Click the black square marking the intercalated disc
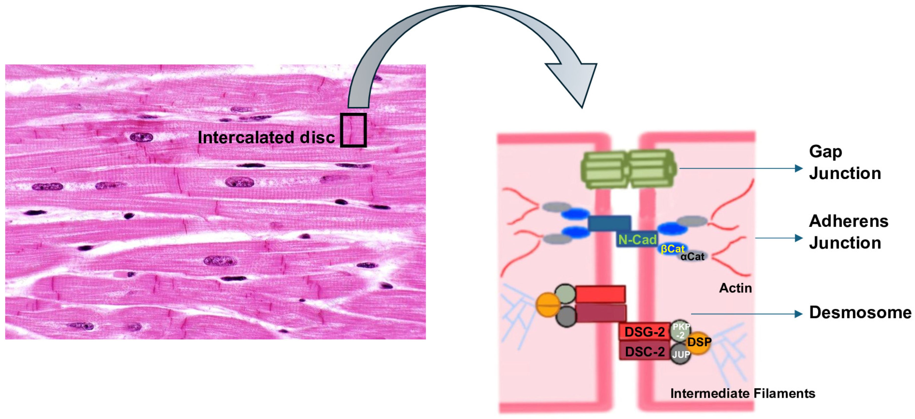pos(353,130)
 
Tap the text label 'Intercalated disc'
pos(266,137)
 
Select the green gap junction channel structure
pos(628,169)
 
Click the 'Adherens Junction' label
pos(848,232)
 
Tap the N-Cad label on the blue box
pos(637,240)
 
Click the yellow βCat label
pos(672,249)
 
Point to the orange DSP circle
pos(699,342)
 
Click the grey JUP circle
pos(681,354)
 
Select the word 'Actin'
pos(735,288)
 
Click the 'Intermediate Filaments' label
pos(742,393)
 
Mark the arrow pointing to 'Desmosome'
pos(746,314)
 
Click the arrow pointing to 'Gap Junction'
pos(741,168)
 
